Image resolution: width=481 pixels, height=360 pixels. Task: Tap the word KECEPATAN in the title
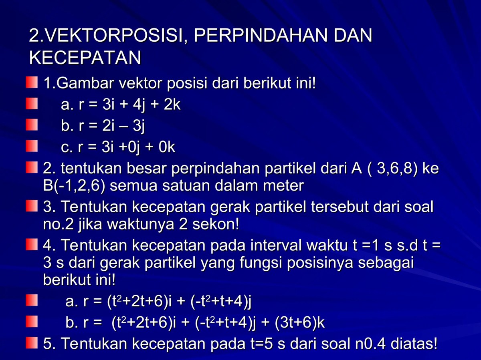[x=85, y=58]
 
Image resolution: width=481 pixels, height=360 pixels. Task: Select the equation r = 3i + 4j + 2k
[x=121, y=105]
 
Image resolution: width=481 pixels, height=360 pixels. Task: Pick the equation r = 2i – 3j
[x=103, y=127]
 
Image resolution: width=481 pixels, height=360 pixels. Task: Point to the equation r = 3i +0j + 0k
[x=118, y=148]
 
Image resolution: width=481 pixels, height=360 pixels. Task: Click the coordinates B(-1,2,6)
[x=75, y=186]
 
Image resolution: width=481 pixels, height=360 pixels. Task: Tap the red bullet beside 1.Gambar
[x=32, y=83]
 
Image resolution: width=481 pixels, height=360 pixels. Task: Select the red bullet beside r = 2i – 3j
[x=32, y=126]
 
